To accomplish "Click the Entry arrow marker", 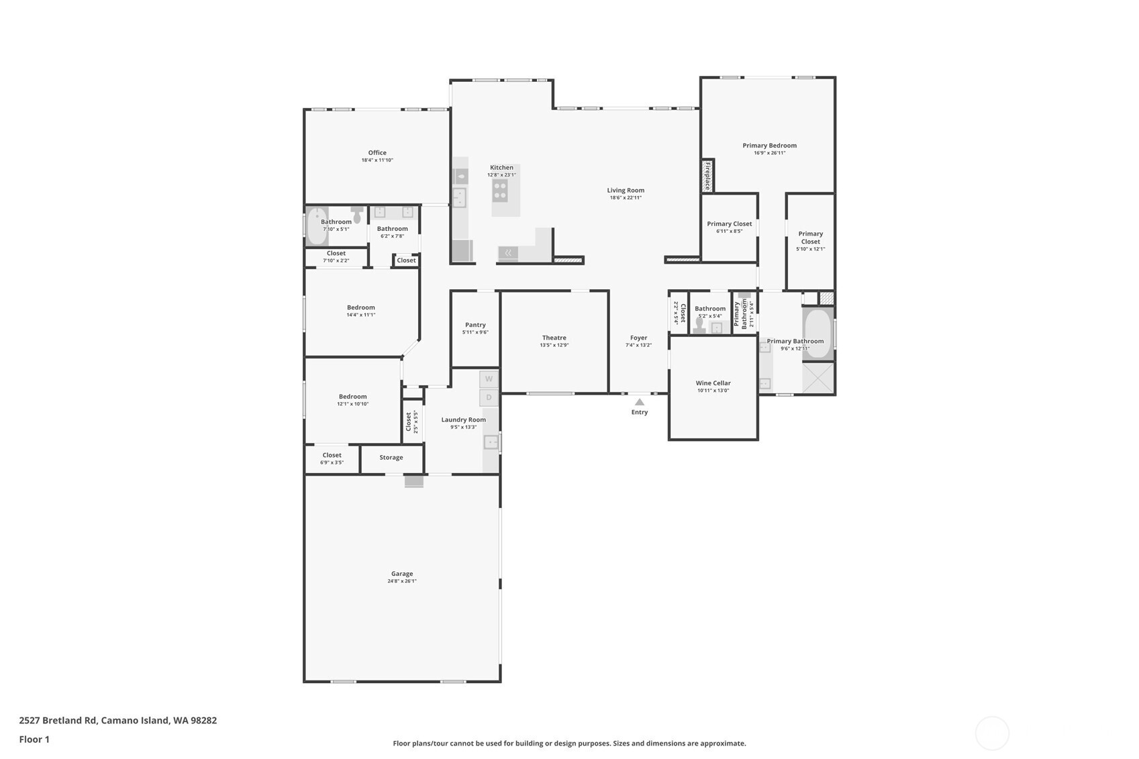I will [x=640, y=402].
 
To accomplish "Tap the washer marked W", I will [x=489, y=379].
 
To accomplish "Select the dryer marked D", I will [x=489, y=397].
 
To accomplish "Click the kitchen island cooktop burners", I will [x=500, y=190].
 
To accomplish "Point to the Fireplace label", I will [x=707, y=176].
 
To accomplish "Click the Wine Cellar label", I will [x=713, y=383].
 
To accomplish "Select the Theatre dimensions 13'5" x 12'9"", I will [x=554, y=346].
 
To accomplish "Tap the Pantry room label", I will [x=475, y=325].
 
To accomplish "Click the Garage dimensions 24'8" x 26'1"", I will [x=401, y=581].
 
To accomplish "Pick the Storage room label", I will [x=391, y=458].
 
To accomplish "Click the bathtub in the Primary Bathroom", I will [x=818, y=333].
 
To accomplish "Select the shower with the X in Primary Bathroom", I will [x=818, y=378].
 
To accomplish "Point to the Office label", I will [x=377, y=153].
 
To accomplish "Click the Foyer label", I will [x=638, y=338].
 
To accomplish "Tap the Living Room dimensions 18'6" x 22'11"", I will [x=626, y=198].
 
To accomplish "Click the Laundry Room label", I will [x=463, y=420].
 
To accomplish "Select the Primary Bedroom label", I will [x=769, y=146].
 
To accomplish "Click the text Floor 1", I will [x=34, y=740].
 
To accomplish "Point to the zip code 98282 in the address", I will [x=203, y=721].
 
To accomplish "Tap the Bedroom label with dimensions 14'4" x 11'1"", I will [x=360, y=307].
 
